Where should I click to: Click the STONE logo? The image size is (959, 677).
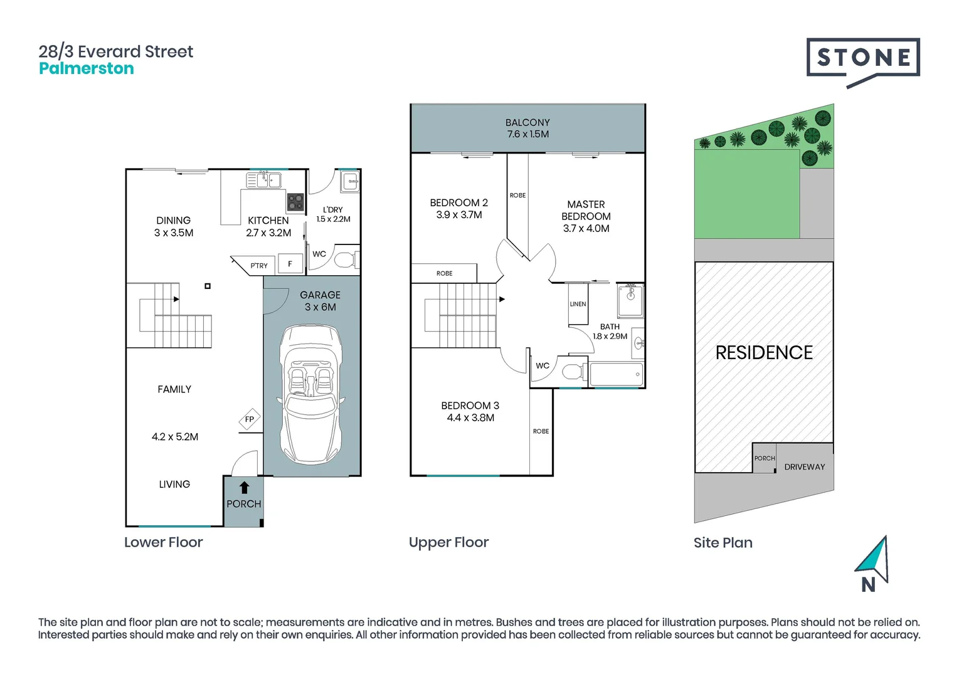pyautogui.click(x=863, y=62)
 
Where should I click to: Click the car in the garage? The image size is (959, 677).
pyautogui.click(x=311, y=394)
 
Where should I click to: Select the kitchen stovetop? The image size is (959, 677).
pyautogui.click(x=295, y=202)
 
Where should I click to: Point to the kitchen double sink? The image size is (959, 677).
pyautogui.click(x=263, y=180)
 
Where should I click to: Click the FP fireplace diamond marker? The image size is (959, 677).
pyautogui.click(x=250, y=419)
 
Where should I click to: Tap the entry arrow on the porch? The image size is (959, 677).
pyautogui.click(x=244, y=488)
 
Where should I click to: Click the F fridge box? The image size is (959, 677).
pyautogui.click(x=290, y=264)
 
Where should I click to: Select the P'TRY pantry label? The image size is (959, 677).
pyautogui.click(x=259, y=266)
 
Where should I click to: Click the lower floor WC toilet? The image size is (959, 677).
pyautogui.click(x=346, y=260)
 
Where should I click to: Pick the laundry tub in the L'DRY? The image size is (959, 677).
pyautogui.click(x=350, y=181)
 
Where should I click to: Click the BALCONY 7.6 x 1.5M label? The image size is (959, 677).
pyautogui.click(x=528, y=129)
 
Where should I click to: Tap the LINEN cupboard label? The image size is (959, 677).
pyautogui.click(x=578, y=304)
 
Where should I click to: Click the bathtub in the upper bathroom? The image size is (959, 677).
pyautogui.click(x=616, y=374)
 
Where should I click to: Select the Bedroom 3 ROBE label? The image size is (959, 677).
pyautogui.click(x=541, y=431)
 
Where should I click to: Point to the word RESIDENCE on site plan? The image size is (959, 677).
pyautogui.click(x=764, y=353)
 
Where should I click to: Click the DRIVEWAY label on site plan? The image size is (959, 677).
pyautogui.click(x=805, y=467)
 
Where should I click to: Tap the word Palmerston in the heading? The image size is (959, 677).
pyautogui.click(x=87, y=68)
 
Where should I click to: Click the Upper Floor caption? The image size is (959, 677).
pyautogui.click(x=448, y=542)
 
